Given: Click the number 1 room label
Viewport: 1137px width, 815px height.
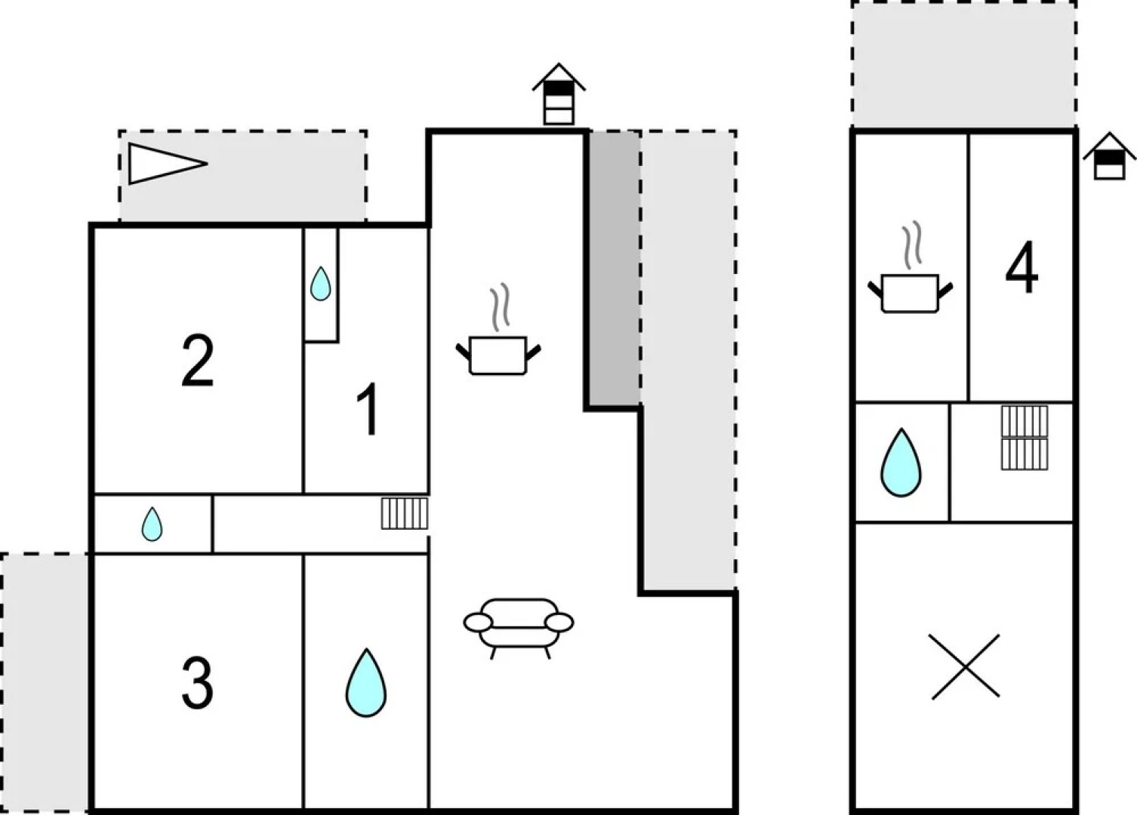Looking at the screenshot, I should pos(368,410).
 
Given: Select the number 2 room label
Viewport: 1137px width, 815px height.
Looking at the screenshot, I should pos(198,362).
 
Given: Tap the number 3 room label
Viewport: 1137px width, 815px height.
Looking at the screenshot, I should pos(198,683).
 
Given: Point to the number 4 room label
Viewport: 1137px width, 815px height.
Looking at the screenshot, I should pos(1021,269).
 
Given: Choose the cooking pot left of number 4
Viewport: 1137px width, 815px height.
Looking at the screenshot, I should pos(910,291).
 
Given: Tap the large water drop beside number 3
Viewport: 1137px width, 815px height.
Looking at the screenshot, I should pos(366,683).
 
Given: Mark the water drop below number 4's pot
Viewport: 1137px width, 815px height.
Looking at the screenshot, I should pos(901,463).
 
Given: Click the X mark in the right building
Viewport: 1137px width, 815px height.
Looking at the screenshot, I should pos(964,666).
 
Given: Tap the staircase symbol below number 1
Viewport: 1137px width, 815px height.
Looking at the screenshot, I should pos(404,513).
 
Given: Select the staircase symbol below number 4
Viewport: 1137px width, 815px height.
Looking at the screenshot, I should pos(1025,438).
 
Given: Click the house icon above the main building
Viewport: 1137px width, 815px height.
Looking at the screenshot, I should pos(559,94).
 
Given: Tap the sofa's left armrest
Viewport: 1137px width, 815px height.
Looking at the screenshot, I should pos(477,623).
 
